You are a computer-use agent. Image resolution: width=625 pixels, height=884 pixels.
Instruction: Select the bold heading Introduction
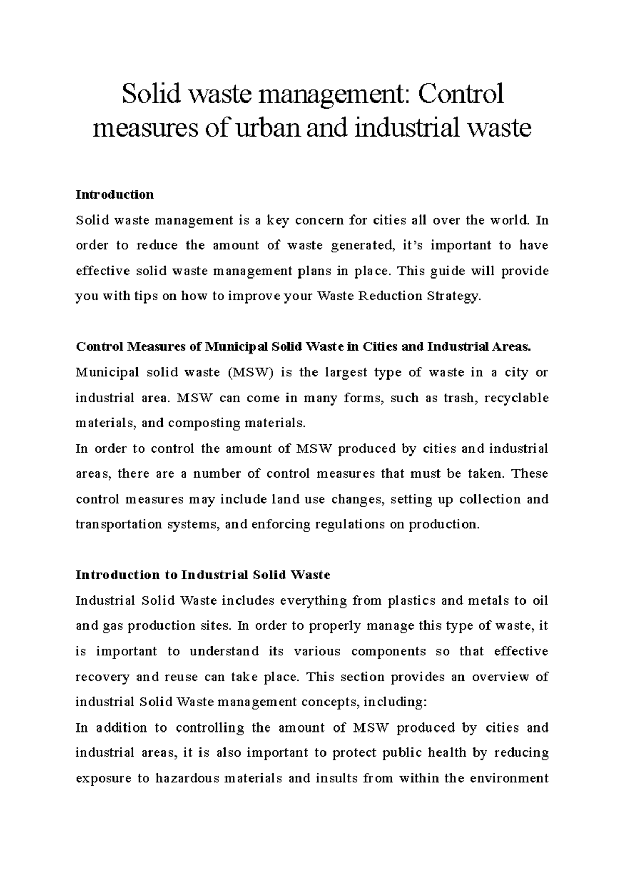pyautogui.click(x=115, y=195)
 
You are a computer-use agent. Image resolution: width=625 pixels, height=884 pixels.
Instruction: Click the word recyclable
pyautogui.click(x=516, y=398)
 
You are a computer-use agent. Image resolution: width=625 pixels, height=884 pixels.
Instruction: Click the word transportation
pyautogui.click(x=119, y=524)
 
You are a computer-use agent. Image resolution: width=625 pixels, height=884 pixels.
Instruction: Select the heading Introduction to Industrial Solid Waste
pyautogui.click(x=203, y=575)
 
